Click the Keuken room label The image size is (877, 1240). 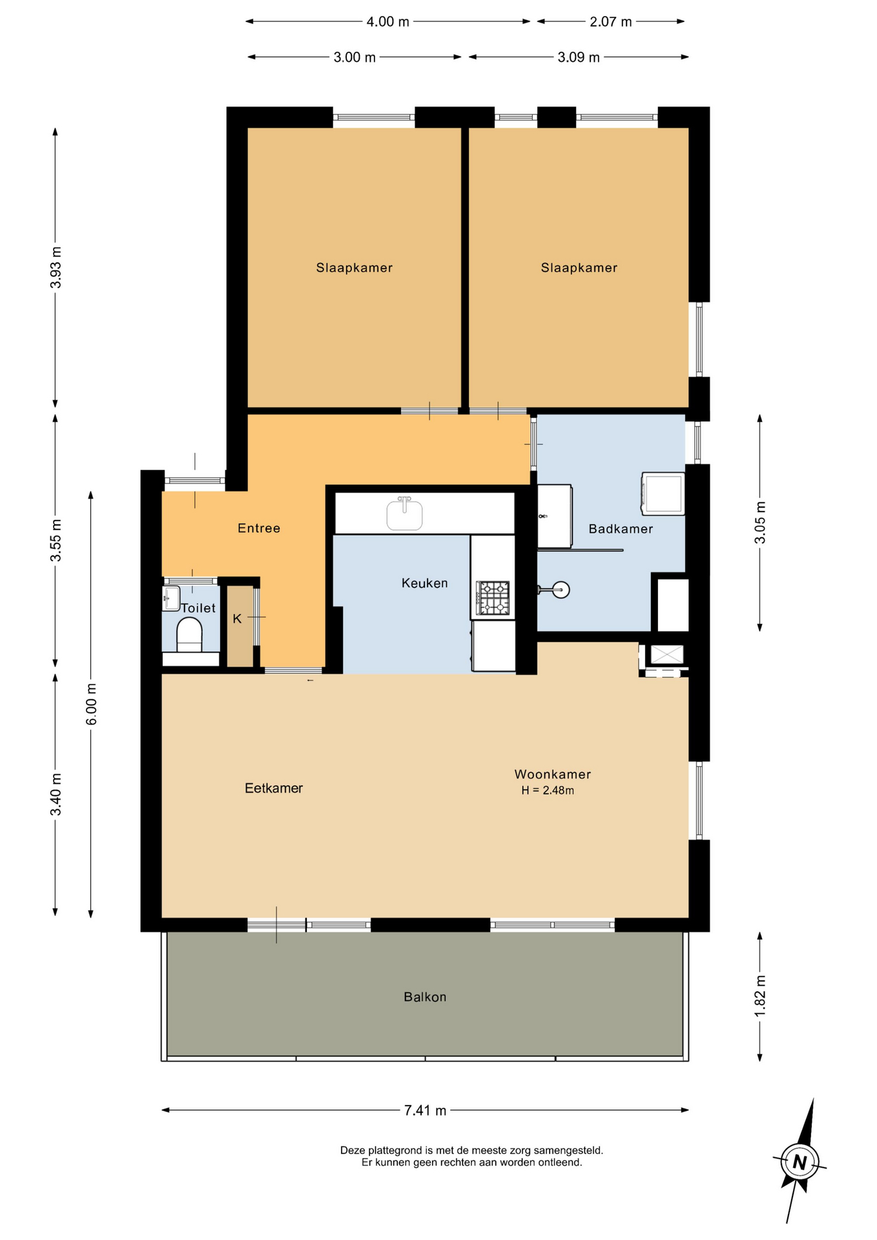point(424,583)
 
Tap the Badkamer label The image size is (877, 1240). point(621,529)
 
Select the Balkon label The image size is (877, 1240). point(425,997)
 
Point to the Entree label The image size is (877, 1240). point(259,528)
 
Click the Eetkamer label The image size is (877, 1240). point(274,788)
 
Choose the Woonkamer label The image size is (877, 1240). point(553,774)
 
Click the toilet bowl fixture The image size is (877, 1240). point(189,635)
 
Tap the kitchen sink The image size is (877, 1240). point(404,514)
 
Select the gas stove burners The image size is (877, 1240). point(493,598)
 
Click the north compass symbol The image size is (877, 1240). point(800,1162)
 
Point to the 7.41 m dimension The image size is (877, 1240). point(425,1110)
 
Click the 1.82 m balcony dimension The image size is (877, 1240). point(760,996)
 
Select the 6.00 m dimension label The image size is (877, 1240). point(91,704)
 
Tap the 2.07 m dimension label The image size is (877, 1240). point(610,22)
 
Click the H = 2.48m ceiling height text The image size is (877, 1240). point(548,790)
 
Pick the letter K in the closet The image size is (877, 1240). point(237,619)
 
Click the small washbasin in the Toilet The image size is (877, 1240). point(171,599)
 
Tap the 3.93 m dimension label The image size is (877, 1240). point(56,267)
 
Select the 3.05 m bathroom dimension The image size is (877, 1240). point(760,522)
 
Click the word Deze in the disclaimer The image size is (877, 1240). point(353,1150)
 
